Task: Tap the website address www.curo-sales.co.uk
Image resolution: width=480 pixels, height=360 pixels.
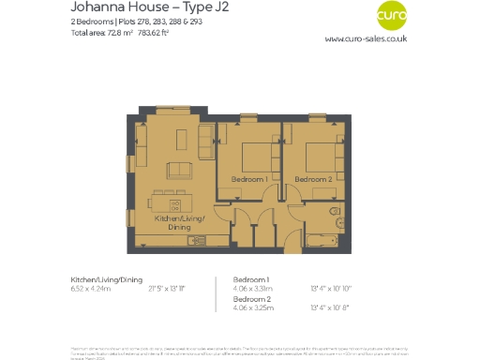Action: click(x=366, y=39)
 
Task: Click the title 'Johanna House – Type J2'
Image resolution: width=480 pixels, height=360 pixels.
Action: click(x=135, y=7)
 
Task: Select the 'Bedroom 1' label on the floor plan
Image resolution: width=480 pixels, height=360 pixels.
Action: click(x=249, y=178)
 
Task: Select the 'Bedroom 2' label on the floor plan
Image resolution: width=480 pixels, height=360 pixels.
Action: click(x=313, y=178)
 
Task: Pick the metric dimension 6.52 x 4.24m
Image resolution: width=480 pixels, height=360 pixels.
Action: click(x=91, y=289)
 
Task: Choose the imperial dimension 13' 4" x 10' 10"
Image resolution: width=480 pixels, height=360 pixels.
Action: click(x=333, y=289)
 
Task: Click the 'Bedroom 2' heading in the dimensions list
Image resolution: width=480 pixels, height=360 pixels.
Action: click(x=250, y=299)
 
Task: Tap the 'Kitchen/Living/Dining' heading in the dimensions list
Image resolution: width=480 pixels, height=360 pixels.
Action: click(x=107, y=279)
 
